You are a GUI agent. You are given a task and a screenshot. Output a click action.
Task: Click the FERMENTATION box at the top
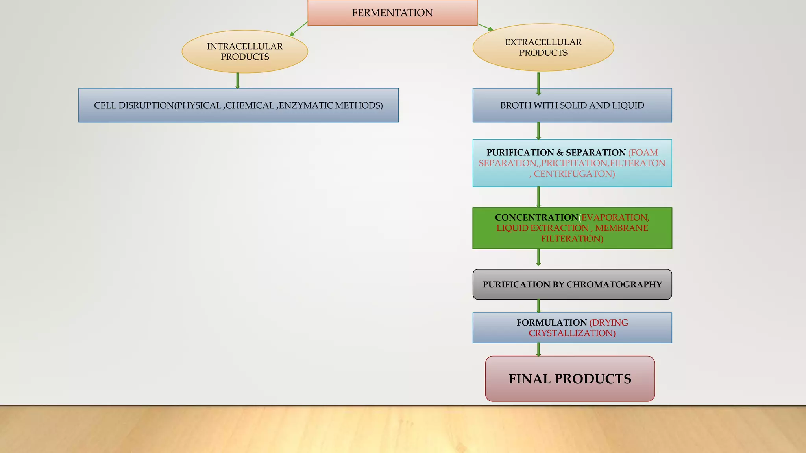(392, 13)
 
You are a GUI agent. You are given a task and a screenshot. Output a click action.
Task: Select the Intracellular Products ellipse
(244, 52)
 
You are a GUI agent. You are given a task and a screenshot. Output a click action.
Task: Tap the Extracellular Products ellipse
(543, 48)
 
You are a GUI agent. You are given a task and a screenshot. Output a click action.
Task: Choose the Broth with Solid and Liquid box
(572, 105)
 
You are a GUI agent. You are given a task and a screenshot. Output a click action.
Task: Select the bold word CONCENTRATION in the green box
(536, 217)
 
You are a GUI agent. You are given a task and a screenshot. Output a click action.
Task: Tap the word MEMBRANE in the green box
(621, 228)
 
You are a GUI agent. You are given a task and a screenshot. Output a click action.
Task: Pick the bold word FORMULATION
(551, 323)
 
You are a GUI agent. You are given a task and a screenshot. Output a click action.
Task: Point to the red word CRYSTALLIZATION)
(572, 333)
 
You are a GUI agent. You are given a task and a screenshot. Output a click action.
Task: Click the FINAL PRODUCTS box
(570, 379)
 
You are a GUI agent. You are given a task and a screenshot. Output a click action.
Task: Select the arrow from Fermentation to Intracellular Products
(298, 29)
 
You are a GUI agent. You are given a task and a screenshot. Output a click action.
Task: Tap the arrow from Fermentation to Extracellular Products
(485, 27)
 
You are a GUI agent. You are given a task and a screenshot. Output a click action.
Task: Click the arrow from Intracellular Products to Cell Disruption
(238, 81)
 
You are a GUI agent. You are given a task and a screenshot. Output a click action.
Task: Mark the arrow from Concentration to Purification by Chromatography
(538, 257)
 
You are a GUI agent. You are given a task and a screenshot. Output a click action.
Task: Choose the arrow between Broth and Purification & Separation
(538, 131)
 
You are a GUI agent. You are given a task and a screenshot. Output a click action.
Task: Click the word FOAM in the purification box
(643, 153)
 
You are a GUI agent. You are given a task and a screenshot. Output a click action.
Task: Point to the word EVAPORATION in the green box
(615, 217)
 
